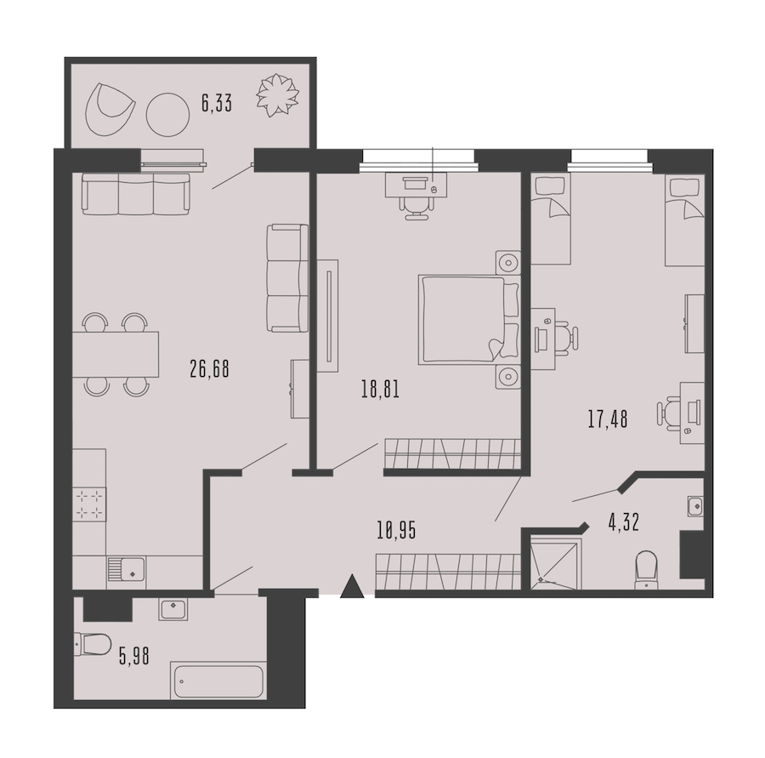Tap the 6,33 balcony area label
tap(217, 104)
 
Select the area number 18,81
tap(380, 390)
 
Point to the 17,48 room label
tap(608, 419)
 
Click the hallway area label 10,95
tap(396, 530)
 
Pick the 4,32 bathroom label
tap(624, 522)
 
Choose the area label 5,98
tap(134, 657)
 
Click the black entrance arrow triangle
tap(352, 586)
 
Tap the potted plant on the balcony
tap(277, 95)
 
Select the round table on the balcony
tap(167, 115)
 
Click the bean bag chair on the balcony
tap(108, 110)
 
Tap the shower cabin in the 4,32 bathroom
tap(555, 563)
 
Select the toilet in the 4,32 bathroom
tap(647, 570)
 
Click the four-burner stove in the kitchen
tap(90, 504)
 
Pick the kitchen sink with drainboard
tap(126, 569)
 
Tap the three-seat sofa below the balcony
tap(136, 193)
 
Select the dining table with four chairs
tap(116, 354)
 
